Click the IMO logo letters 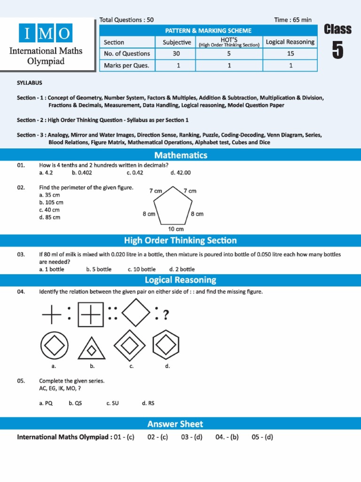46,33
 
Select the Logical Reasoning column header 290,42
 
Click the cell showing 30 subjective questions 176,54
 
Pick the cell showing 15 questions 290,54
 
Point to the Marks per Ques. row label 126,65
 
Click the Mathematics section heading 180,155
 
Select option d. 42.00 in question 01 180,173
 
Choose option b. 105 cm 51,202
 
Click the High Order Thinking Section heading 180,241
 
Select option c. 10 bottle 141,269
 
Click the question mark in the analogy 165,314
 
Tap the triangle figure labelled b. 92,349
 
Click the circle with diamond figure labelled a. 53,346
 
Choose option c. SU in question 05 112,403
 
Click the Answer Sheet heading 175,424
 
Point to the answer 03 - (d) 192,437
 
